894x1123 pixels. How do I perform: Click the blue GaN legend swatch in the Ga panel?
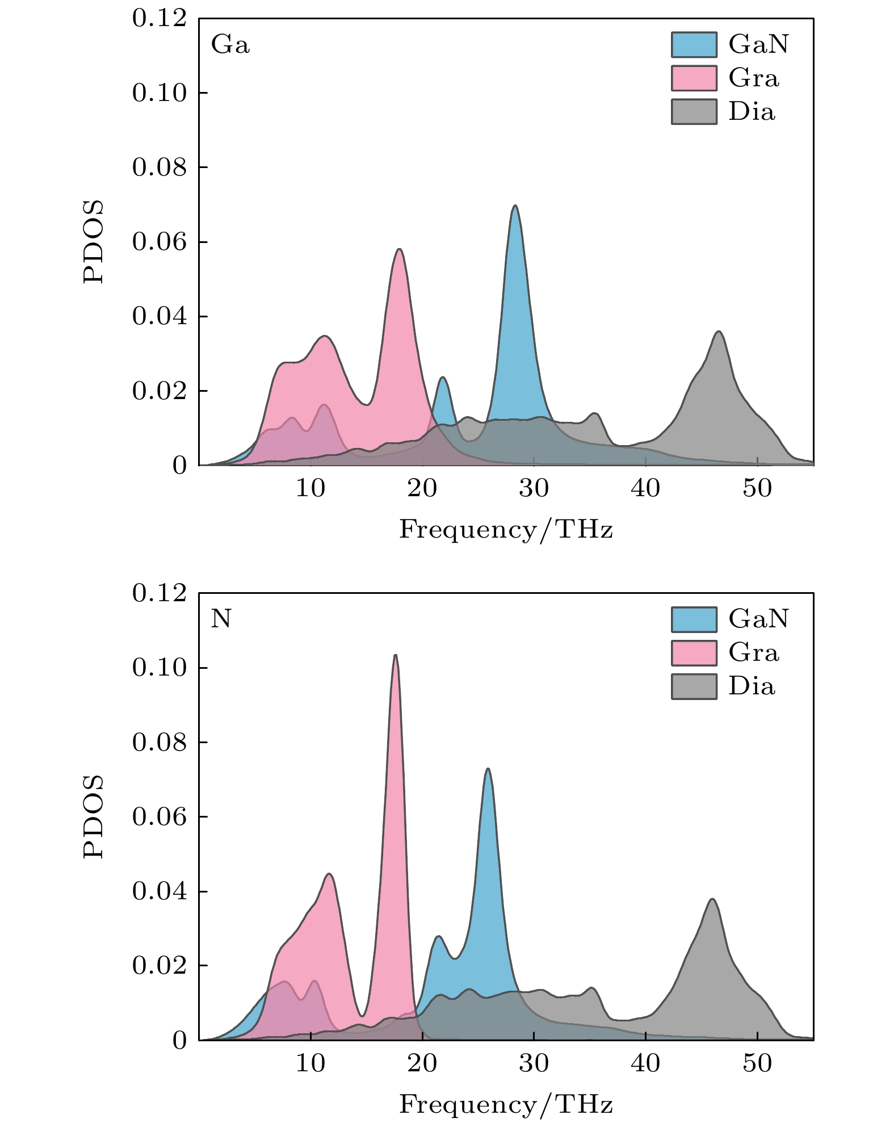pos(694,44)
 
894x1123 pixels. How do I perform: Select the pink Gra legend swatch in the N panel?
pos(694,652)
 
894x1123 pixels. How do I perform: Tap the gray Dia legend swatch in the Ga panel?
pos(694,111)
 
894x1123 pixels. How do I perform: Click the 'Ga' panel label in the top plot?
pos(230,44)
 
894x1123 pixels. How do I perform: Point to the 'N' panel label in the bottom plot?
pos(221,618)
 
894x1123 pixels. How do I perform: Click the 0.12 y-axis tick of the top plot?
pos(160,18)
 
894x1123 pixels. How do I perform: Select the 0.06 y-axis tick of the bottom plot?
pos(160,816)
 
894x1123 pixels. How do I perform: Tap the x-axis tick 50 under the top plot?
pos(757,489)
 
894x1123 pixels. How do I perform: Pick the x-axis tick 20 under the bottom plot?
pos(422,1063)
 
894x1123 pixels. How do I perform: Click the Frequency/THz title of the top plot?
pos(506,530)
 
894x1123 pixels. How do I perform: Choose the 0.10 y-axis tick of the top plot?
pos(160,93)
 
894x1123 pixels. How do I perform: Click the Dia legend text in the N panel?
pos(752,686)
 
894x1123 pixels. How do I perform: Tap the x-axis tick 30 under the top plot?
pos(534,489)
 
